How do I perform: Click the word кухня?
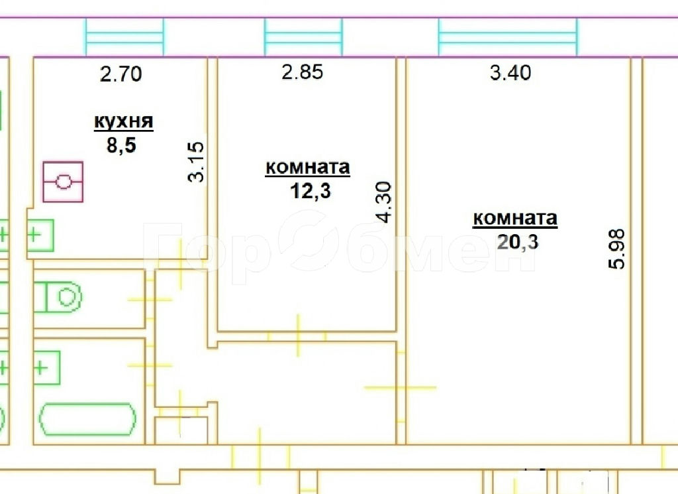pyautogui.click(x=124, y=122)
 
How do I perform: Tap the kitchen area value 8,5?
pyautogui.click(x=122, y=145)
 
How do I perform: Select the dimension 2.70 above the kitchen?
pyautogui.click(x=121, y=74)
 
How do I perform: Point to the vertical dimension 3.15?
pyautogui.click(x=196, y=162)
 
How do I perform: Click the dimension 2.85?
pyautogui.click(x=302, y=72)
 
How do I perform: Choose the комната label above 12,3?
pyautogui.click(x=307, y=168)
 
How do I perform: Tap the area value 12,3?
pyautogui.click(x=311, y=191)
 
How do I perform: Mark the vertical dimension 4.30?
pyautogui.click(x=384, y=202)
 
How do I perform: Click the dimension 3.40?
pyautogui.click(x=510, y=72)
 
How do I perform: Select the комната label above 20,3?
pyautogui.click(x=515, y=218)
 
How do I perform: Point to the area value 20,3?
pyautogui.click(x=518, y=241)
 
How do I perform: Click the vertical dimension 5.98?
pyautogui.click(x=616, y=249)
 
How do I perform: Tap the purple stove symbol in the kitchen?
pyautogui.click(x=63, y=182)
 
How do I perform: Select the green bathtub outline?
pyautogui.click(x=87, y=419)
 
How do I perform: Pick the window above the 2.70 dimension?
pyautogui.click(x=124, y=37)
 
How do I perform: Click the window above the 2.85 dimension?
pyautogui.click(x=303, y=37)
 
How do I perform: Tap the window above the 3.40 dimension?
pyautogui.click(x=508, y=37)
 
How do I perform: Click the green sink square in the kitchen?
pyautogui.click(x=40, y=235)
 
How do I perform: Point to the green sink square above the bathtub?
pyautogui.click(x=47, y=368)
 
